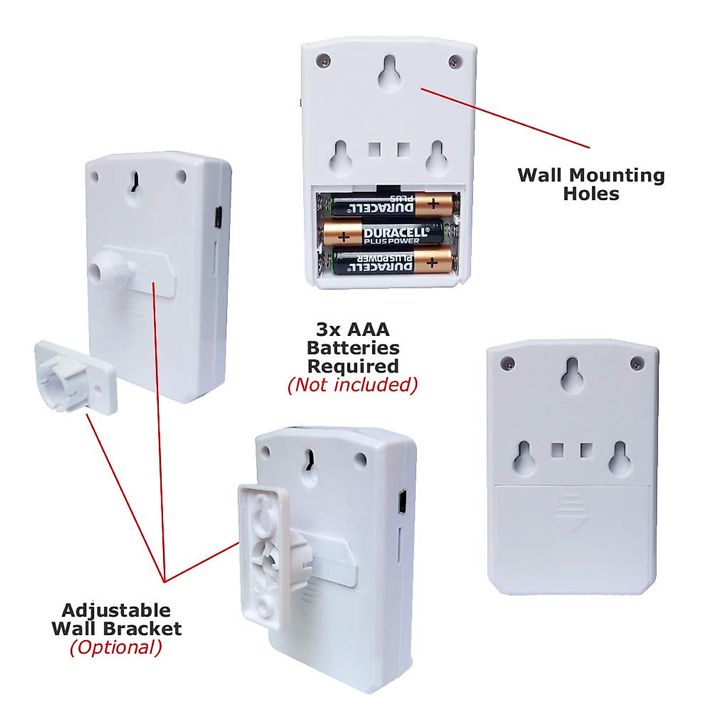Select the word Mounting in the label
[x=613, y=175]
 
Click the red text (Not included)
[x=353, y=385]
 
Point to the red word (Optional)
[x=116, y=647]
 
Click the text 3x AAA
[x=353, y=329]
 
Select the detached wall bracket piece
[x=75, y=377]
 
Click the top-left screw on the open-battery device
[x=324, y=60]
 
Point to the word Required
[x=353, y=366]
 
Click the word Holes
[x=591, y=194]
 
